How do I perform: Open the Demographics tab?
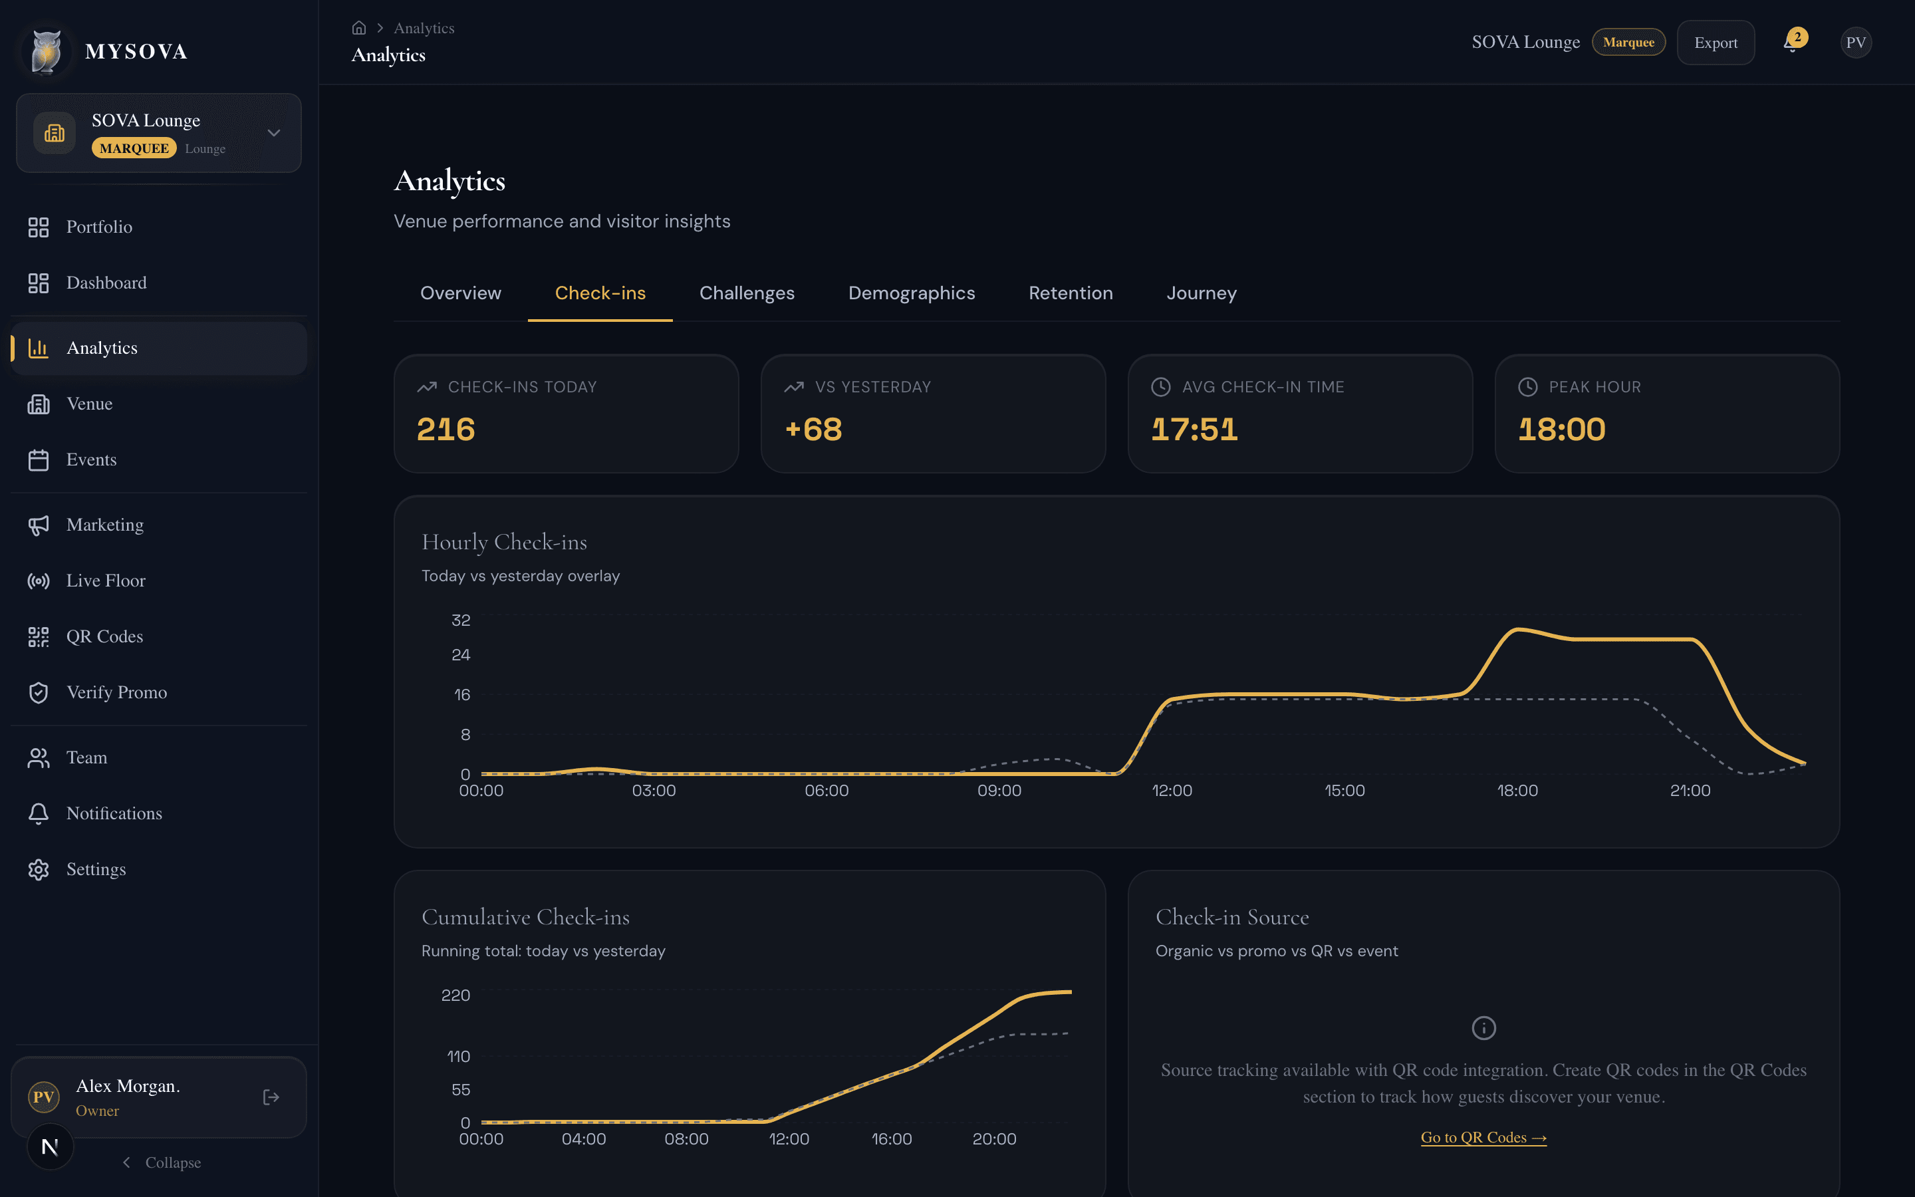911,293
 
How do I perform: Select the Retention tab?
1070,293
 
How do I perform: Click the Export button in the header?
1715,43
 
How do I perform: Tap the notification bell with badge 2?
1791,43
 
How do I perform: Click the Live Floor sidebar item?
105,581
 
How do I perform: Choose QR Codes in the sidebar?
104,636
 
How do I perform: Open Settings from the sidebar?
96,869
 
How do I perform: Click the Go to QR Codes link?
1483,1138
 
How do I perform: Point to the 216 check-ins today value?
446,429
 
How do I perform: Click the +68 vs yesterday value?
813,429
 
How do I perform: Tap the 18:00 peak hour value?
1561,429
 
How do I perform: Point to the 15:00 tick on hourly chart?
1344,791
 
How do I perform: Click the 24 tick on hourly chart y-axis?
461,655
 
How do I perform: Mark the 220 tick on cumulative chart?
455,995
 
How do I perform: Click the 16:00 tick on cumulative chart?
891,1139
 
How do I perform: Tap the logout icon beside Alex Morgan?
271,1097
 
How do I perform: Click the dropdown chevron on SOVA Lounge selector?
274,133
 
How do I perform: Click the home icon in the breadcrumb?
358,28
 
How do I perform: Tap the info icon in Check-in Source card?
1483,1027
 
